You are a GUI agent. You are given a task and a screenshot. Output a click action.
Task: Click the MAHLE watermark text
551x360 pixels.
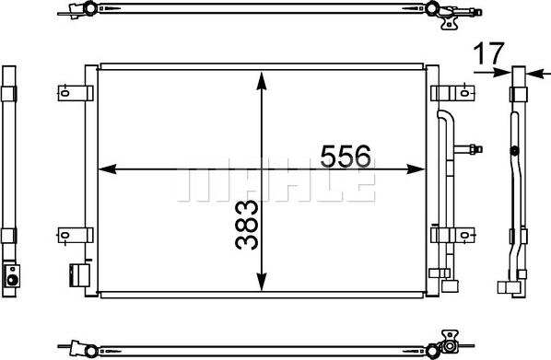pos(275,184)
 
